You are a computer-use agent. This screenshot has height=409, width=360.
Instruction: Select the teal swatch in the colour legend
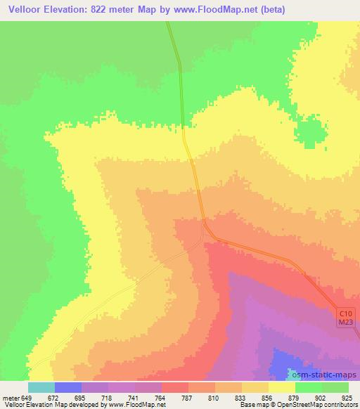point(41,387)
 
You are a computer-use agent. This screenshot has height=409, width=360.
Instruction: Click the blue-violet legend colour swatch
point(68,387)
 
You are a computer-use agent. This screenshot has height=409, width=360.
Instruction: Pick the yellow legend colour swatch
point(282,387)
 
